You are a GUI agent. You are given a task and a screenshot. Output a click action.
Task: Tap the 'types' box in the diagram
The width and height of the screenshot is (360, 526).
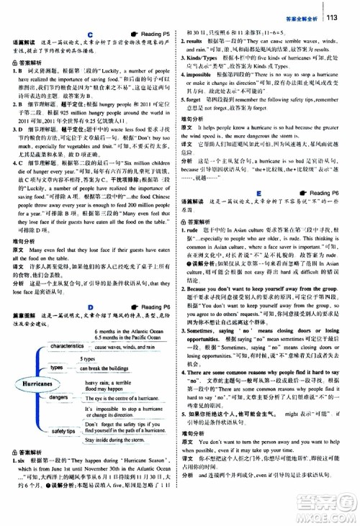[x=56, y=368]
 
